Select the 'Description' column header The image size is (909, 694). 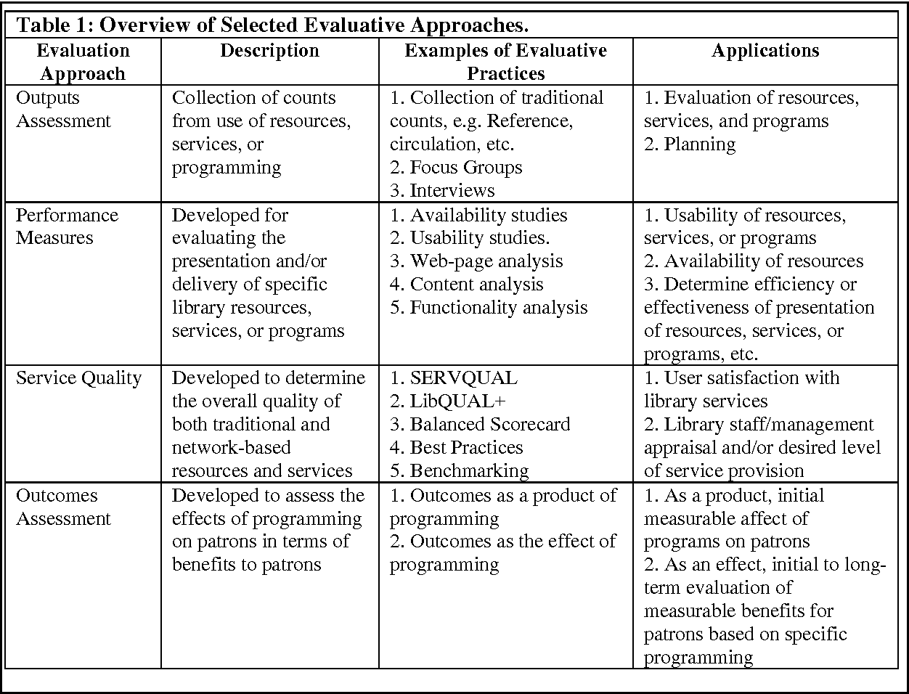pos(269,51)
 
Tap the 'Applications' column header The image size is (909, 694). pos(765,51)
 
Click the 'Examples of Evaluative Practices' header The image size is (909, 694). pos(505,62)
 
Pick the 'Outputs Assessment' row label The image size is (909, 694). pos(64,109)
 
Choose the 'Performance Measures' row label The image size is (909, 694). pos(67,226)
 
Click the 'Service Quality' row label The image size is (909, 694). pos(78,378)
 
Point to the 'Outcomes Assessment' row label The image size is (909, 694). pos(64,507)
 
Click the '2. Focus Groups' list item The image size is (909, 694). pos(456,168)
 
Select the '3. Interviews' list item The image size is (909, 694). pos(442,191)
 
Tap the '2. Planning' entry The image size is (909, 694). pos(690,144)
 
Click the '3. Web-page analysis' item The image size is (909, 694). pos(476,261)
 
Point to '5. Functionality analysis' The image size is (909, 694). pos(489,308)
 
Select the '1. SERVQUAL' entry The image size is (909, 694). pos(454,378)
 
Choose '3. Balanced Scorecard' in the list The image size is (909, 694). pos(480,425)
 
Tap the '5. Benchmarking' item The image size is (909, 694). pos(460,471)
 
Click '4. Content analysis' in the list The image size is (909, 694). pos(467,285)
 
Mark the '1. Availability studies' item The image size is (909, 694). pos(478,216)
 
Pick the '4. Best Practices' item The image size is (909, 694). pos(456,448)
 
